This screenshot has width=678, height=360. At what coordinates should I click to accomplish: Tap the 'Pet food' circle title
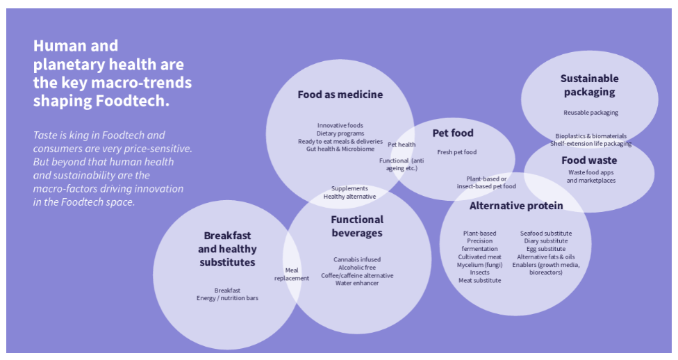pyautogui.click(x=452, y=133)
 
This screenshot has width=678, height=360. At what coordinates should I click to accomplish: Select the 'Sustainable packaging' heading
pyautogui.click(x=589, y=85)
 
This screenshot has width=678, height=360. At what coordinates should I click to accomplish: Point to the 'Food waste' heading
pyautogui.click(x=588, y=161)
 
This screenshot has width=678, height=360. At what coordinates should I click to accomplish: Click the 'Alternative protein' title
pyautogui.click(x=516, y=206)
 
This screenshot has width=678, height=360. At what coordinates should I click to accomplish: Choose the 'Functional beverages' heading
pyautogui.click(x=356, y=227)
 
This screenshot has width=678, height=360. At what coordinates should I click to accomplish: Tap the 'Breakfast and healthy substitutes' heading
pyautogui.click(x=227, y=249)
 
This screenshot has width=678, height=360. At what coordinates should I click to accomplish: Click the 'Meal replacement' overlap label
pyautogui.click(x=292, y=275)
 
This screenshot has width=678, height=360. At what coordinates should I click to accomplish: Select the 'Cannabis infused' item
pyautogui.click(x=356, y=260)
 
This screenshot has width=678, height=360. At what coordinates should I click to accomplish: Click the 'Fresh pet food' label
pyautogui.click(x=456, y=152)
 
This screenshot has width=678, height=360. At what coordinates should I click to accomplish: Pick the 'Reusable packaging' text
pyautogui.click(x=590, y=113)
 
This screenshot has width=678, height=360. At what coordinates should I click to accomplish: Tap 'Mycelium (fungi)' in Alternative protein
pyautogui.click(x=479, y=265)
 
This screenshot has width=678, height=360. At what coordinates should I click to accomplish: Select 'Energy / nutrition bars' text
pyautogui.click(x=227, y=298)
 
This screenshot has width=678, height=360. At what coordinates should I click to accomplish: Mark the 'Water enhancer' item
pyautogui.click(x=356, y=283)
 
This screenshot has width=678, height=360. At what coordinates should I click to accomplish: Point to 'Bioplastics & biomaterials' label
pyautogui.click(x=590, y=136)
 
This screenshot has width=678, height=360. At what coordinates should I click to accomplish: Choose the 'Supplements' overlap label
pyautogui.click(x=349, y=188)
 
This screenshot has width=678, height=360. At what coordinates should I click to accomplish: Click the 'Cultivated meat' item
pyautogui.click(x=479, y=257)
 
